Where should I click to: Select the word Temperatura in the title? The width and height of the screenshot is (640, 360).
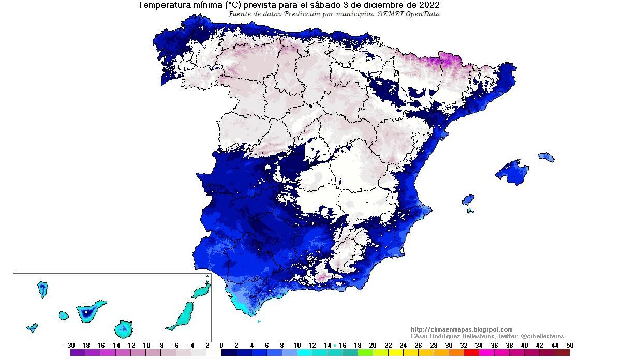[162, 5]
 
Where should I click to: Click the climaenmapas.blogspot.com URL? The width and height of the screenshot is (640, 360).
[462, 329]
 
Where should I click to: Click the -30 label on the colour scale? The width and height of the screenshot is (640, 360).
[71, 346]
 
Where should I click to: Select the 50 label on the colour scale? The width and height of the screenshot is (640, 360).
[570, 346]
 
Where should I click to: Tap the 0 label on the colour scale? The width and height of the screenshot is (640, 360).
[221, 346]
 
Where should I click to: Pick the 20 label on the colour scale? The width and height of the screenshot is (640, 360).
[373, 346]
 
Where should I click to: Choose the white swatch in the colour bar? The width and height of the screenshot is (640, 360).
[214, 353]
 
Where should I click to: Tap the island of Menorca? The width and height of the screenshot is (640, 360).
[546, 157]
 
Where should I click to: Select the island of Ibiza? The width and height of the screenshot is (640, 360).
[468, 200]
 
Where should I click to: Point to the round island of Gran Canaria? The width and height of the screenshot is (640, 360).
[124, 328]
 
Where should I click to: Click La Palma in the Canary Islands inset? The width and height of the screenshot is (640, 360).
[42, 289]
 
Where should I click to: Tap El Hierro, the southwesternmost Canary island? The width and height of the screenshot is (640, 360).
[32, 327]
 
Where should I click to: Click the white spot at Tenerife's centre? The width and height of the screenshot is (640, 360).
[85, 313]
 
